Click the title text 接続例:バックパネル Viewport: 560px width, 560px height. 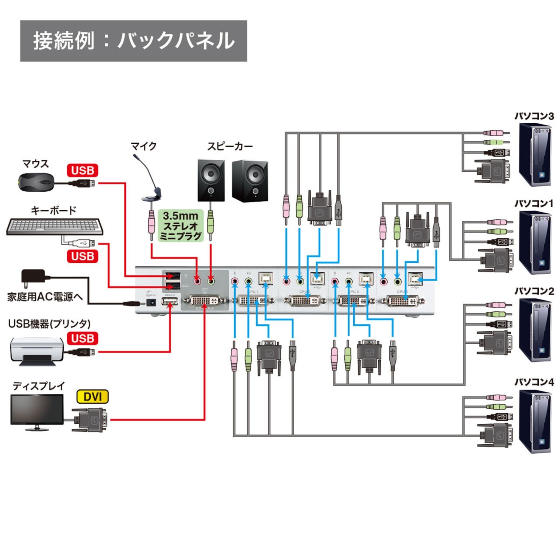133,41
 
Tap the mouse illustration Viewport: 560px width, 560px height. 35,181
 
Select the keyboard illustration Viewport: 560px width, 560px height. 55,227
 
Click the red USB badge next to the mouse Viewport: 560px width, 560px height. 83,170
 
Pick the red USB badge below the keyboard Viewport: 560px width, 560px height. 83,256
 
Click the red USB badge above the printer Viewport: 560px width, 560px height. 83,338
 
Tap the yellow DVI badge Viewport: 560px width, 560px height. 92,397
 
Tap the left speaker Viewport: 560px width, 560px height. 210,180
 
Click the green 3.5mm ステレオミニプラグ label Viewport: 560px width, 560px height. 181,226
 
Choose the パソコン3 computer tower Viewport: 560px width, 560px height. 536,154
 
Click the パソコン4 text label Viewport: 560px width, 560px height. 534,382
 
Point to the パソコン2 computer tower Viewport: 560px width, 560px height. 536,330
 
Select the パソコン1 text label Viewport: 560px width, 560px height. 534,203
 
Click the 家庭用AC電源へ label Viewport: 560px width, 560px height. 45,297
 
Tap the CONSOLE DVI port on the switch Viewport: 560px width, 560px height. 205,300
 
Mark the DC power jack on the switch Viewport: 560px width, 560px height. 151,302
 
